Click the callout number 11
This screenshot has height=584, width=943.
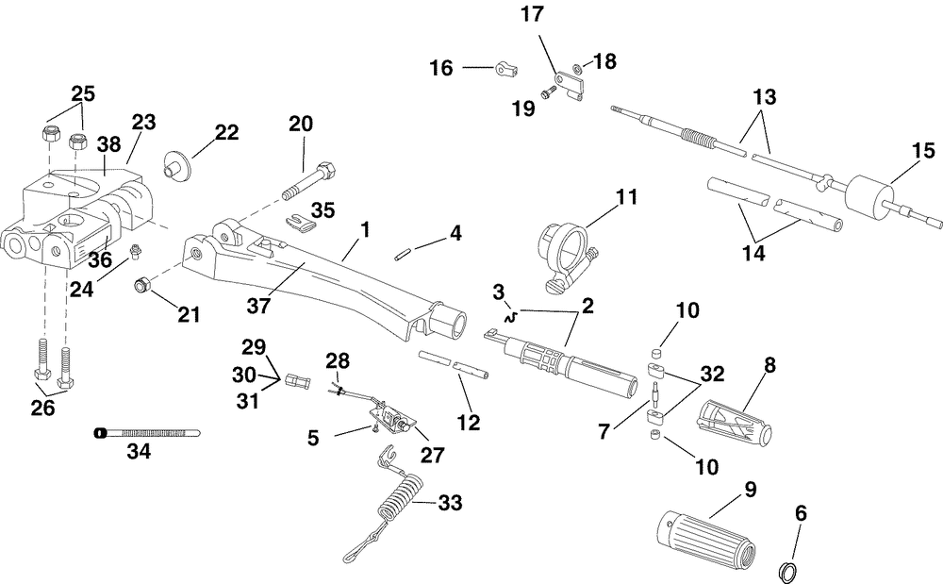(x=626, y=197)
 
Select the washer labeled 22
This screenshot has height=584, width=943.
(x=177, y=163)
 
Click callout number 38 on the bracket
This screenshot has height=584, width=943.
(x=109, y=145)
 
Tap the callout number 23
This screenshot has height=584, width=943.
(x=143, y=122)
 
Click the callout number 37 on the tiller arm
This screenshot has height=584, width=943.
(x=258, y=306)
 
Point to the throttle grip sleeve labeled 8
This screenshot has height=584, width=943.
(x=734, y=418)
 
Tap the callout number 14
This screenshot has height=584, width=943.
(x=753, y=253)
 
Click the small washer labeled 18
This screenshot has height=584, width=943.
(x=577, y=69)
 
